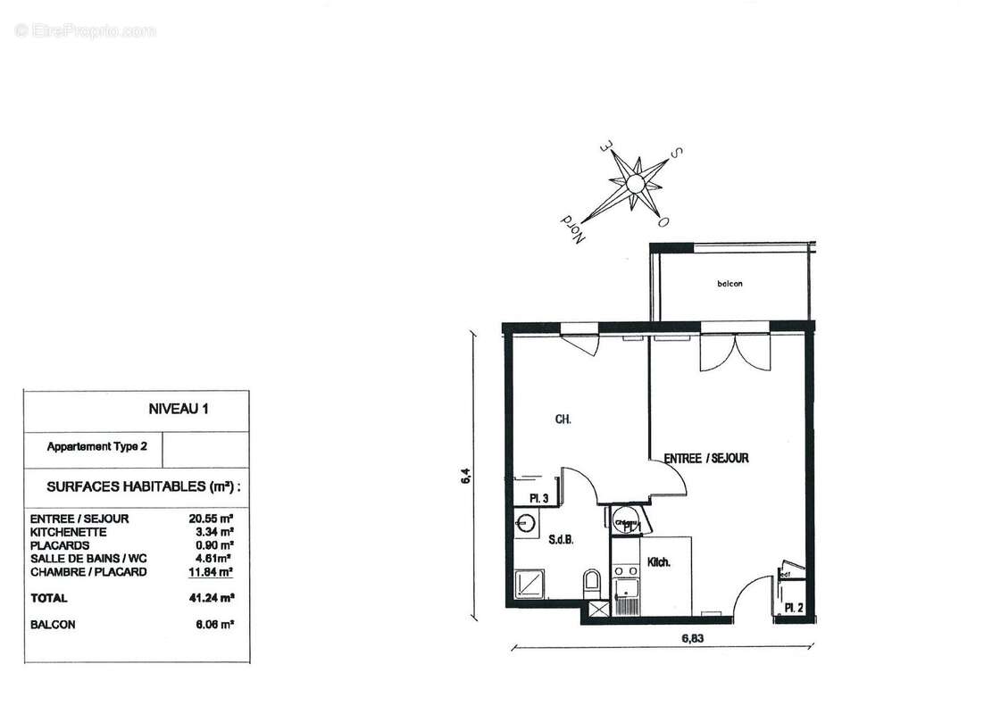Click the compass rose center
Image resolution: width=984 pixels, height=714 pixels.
(635, 184)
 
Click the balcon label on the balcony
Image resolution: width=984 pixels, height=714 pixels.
(730, 284)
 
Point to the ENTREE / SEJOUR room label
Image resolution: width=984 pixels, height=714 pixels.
(706, 458)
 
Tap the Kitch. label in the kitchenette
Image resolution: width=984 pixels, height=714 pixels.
(659, 563)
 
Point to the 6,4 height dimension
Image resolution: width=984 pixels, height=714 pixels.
(464, 477)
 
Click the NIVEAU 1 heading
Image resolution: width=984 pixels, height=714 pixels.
(178, 410)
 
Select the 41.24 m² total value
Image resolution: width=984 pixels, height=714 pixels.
(213, 598)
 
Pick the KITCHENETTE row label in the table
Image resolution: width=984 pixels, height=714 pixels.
(69, 532)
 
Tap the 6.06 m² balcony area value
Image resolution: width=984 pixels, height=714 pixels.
(213, 625)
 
